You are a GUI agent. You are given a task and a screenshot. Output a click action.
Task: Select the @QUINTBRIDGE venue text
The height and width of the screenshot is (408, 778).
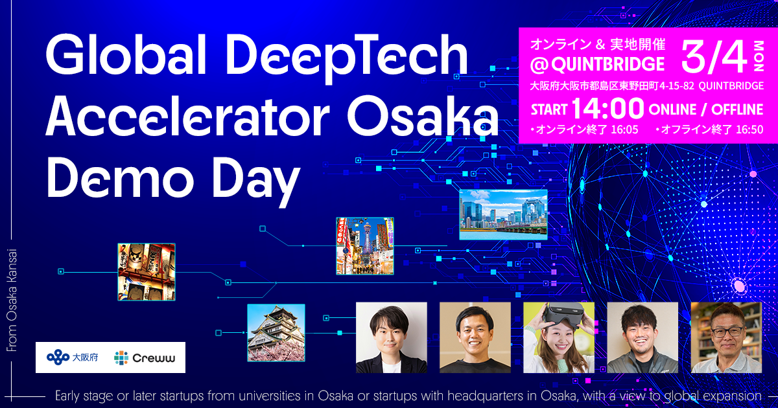tap(597, 64)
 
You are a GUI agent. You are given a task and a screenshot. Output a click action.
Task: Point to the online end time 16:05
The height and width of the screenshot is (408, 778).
tap(624, 130)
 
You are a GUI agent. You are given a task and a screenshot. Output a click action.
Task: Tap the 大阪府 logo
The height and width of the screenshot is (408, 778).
tap(73, 357)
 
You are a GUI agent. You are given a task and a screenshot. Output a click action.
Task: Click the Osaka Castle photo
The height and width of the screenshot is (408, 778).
tap(276, 333)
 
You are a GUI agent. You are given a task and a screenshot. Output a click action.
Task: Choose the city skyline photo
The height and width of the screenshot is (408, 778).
tap(503, 214)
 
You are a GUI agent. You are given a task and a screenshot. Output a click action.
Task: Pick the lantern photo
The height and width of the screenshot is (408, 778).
tap(146, 272)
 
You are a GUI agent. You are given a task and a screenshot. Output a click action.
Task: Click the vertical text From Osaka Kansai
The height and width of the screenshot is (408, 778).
tap(12, 300)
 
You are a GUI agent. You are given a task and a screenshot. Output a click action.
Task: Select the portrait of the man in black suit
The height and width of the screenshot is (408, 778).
tap(391, 337)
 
